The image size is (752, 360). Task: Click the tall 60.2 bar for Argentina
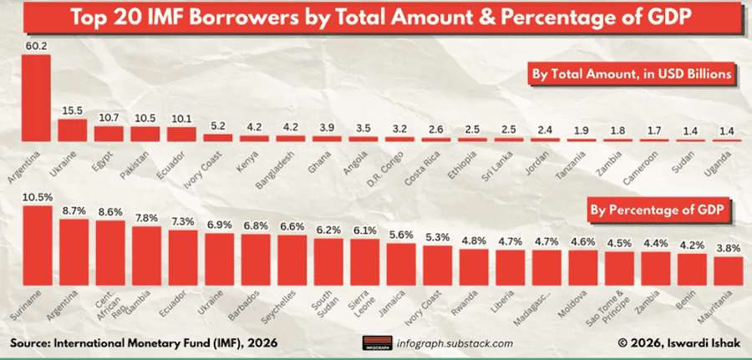click(36, 98)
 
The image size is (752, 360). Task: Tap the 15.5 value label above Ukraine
click(73, 110)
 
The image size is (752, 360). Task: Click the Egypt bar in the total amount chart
click(109, 133)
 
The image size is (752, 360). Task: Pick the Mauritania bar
click(728, 270)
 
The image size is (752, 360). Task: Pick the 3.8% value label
click(728, 247)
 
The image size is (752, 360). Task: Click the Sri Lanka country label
click(499, 159)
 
